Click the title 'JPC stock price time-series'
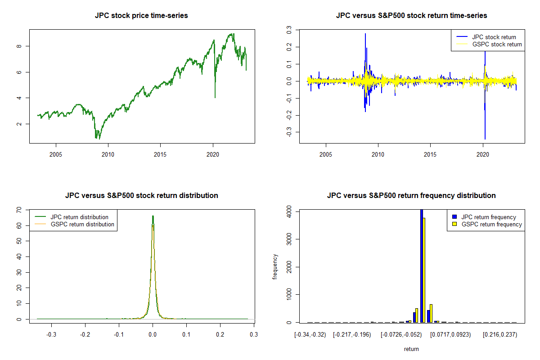coord(141,16)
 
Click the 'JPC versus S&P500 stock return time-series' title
coord(411,16)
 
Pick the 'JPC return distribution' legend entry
coord(79,217)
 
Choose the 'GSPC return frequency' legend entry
coord(491,224)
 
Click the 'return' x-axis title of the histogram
coord(411,349)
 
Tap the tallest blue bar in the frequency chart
coord(422,265)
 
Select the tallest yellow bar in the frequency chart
coord(424,270)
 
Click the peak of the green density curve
coord(153,216)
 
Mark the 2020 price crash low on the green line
coord(215,97)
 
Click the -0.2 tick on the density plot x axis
coord(85,335)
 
